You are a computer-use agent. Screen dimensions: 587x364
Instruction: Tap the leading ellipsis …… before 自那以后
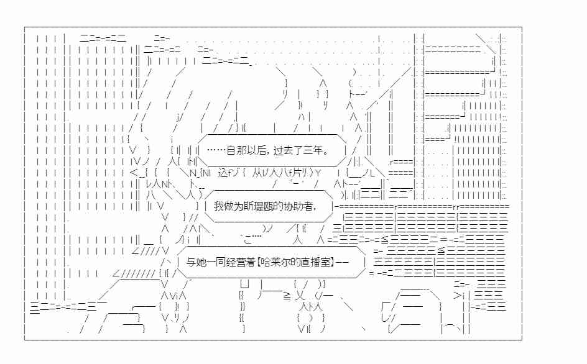pos(216,150)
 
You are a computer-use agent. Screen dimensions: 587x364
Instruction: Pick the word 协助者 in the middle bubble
pos(298,206)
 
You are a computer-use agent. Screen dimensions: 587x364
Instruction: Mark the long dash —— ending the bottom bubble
pos(343,262)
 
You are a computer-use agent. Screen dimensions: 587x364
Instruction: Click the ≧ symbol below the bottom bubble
pos(287,296)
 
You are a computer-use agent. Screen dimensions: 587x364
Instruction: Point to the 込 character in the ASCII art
pos(223,173)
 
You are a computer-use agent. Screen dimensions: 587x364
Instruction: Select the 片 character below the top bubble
pos(298,173)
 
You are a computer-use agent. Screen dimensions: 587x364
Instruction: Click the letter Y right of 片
pos(318,173)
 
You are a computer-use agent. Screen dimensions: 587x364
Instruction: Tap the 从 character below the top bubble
pos(257,173)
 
